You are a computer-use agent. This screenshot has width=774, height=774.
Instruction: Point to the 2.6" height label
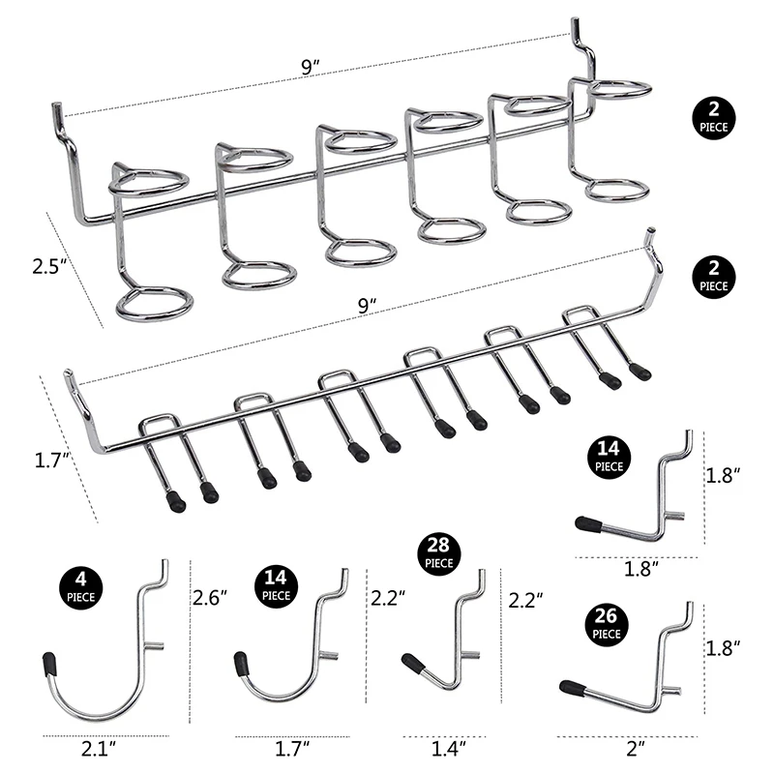tap(211, 598)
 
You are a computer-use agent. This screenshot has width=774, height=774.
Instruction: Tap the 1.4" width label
tap(448, 746)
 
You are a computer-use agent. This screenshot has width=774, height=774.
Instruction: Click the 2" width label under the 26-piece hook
tap(635, 746)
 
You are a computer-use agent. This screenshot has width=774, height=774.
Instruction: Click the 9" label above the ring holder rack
tap(311, 68)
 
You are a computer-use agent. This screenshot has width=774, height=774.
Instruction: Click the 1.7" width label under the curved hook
tap(293, 746)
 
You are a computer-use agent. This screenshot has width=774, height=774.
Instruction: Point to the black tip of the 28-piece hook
tap(411, 664)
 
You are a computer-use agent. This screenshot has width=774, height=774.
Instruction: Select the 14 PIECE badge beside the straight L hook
tap(610, 457)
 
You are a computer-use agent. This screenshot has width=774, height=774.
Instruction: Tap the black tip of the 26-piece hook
tap(572, 688)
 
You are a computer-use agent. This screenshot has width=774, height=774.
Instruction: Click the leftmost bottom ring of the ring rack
tap(155, 302)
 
